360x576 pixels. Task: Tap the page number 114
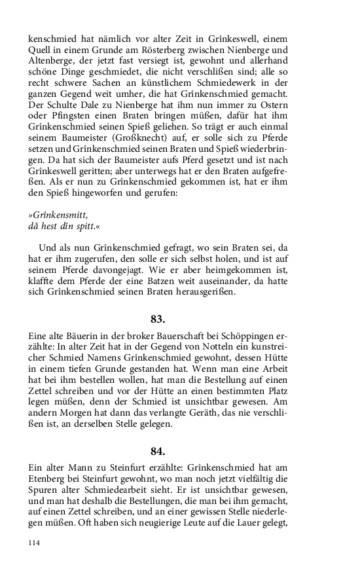[x=35, y=543]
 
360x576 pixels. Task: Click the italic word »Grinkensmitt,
[x=58, y=215]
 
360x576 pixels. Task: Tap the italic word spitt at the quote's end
[x=90, y=226]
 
